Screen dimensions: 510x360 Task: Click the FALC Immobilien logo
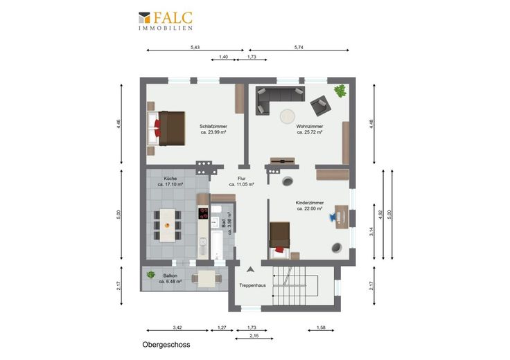pyautogui.click(x=166, y=21)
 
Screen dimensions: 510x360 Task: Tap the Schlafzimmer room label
pyautogui.click(x=213, y=127)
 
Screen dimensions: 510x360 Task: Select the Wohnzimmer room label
pyautogui.click(x=310, y=127)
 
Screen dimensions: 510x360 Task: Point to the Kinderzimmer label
pyautogui.click(x=310, y=203)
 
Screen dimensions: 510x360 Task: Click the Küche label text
pyautogui.click(x=170, y=179)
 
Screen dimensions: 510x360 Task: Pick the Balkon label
pyautogui.click(x=170, y=276)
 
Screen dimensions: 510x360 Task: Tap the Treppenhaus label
pyautogui.click(x=252, y=286)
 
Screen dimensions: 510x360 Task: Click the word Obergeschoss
pyautogui.click(x=166, y=345)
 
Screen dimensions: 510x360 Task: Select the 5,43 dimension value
pyautogui.click(x=195, y=47)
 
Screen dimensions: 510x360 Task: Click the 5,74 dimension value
pyautogui.click(x=299, y=47)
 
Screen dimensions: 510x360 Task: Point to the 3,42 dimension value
pyautogui.click(x=177, y=327)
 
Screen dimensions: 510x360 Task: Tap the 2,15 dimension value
pyautogui.click(x=254, y=336)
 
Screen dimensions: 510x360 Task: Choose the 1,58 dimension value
pyautogui.click(x=321, y=327)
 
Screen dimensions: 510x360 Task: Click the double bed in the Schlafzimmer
pyautogui.click(x=166, y=128)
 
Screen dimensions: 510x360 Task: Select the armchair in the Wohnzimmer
pyautogui.click(x=320, y=106)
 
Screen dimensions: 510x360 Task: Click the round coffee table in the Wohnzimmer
pyautogui.click(x=288, y=116)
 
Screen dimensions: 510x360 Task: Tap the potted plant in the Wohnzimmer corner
pyautogui.click(x=340, y=91)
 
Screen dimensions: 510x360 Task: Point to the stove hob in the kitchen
pyautogui.click(x=203, y=213)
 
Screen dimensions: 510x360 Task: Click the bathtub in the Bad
pyautogui.click(x=217, y=245)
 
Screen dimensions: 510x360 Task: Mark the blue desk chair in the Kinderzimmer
pyautogui.click(x=333, y=217)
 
